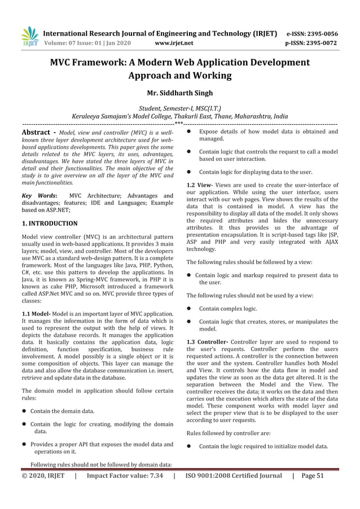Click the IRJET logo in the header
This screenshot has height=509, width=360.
click(29, 37)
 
